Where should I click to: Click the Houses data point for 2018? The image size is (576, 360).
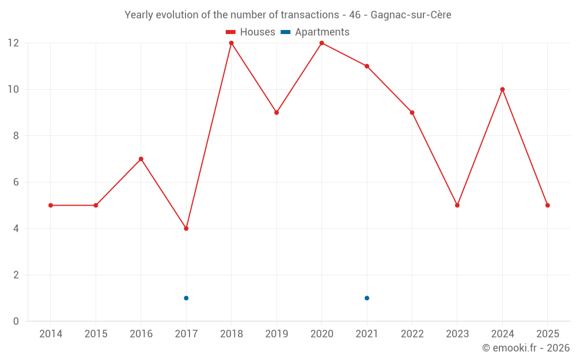(231, 43)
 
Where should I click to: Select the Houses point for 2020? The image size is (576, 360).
(321, 43)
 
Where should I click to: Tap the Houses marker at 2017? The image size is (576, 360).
(186, 229)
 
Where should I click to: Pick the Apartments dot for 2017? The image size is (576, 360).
(186, 298)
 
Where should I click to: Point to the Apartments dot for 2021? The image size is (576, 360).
(367, 298)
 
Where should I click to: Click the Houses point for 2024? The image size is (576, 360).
(502, 89)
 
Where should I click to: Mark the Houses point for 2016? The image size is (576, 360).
(141, 159)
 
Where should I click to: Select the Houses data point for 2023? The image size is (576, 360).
(457, 205)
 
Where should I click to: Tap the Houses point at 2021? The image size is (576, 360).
(367, 66)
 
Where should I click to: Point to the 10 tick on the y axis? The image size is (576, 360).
(13, 89)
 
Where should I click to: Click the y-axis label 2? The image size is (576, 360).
(16, 275)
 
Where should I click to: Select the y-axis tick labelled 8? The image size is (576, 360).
(16, 136)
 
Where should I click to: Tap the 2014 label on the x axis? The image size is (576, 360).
(51, 334)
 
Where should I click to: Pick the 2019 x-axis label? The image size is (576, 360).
(276, 334)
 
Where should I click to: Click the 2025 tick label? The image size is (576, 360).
(547, 334)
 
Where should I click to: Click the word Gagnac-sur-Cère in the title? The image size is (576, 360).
(411, 15)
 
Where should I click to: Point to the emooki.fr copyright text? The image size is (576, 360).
(526, 348)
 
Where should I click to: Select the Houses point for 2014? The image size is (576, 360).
(51, 205)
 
